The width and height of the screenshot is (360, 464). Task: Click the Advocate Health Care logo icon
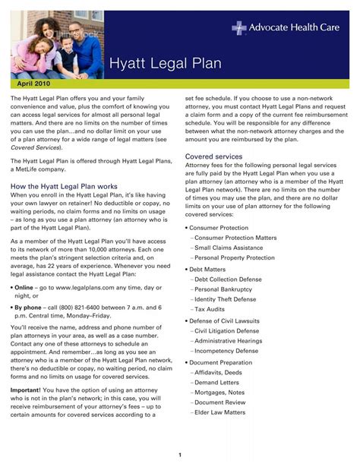pos(239,28)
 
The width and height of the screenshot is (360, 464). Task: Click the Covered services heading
pos(214,156)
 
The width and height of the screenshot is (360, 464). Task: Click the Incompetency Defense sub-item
pos(226,352)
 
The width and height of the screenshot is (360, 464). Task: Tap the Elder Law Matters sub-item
pos(220,412)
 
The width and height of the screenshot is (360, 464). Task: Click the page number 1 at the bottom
pos(180,454)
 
